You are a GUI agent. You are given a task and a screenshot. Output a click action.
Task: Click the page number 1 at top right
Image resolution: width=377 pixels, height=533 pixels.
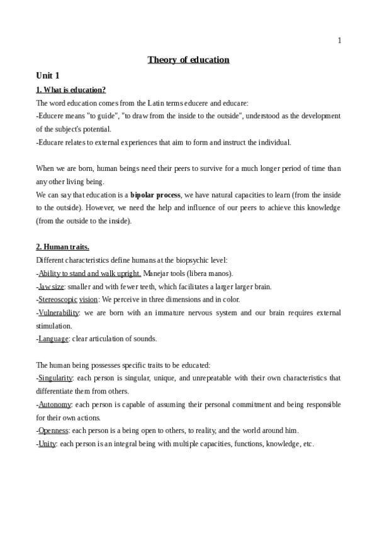point(339,41)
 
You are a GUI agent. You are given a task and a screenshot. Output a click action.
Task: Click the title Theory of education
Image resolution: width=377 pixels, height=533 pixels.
point(188,60)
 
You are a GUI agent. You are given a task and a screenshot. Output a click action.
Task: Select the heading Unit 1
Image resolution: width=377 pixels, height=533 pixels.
point(47,75)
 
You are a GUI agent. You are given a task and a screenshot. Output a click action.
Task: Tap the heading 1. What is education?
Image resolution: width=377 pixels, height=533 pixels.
point(70,90)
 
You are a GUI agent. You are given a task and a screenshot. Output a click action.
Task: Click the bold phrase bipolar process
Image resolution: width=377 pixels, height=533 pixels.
point(155,195)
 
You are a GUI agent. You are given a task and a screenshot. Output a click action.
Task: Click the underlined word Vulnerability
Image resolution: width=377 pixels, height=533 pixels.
point(59,312)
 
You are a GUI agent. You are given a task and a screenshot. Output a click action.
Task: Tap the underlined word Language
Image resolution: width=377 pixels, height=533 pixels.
point(53,339)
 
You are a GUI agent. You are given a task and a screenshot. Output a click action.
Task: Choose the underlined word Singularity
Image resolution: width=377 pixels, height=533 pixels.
point(55,378)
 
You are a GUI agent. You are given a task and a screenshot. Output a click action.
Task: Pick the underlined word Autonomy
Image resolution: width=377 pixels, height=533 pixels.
point(55,404)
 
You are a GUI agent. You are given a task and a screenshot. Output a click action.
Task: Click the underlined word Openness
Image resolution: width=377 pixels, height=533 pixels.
point(53,431)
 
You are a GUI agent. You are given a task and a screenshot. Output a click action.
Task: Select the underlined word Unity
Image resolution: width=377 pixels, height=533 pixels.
point(47,444)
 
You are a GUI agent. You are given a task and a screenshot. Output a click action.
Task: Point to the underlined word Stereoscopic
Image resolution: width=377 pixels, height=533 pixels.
point(58,299)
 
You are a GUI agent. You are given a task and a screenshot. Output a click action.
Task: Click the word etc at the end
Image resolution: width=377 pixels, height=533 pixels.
point(307,444)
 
